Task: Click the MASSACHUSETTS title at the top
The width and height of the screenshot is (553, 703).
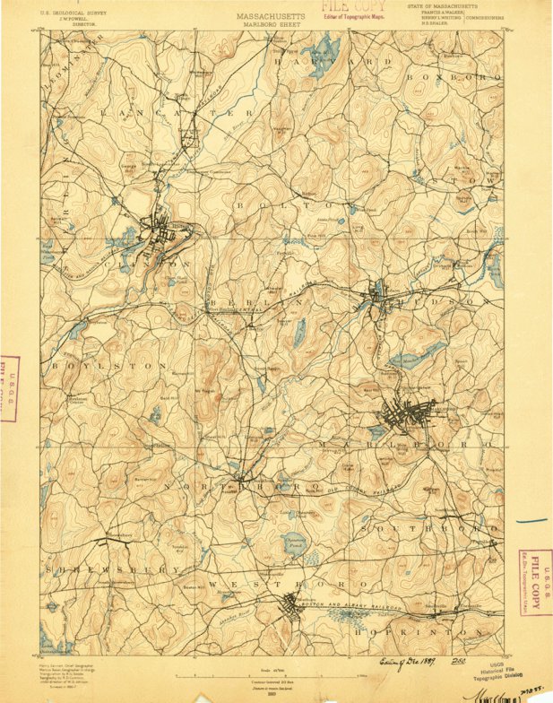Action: coord(275,16)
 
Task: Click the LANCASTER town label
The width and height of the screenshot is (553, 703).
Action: coord(179,114)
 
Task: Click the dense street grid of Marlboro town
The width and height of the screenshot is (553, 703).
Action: coord(406,415)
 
